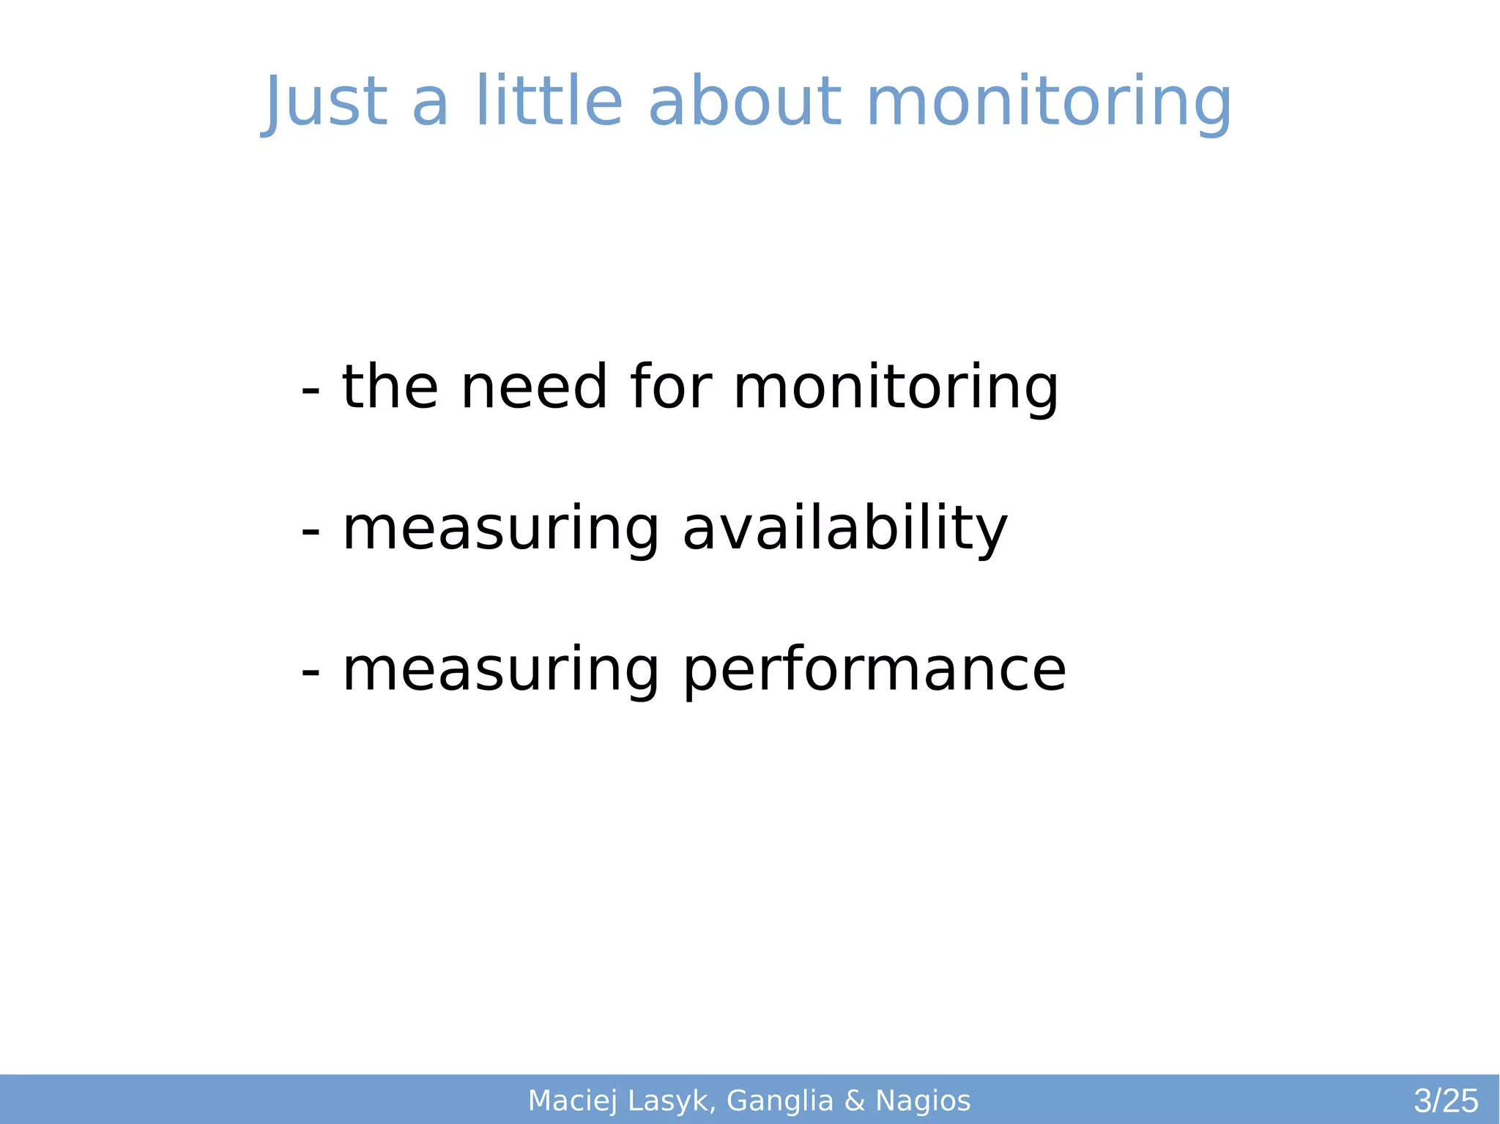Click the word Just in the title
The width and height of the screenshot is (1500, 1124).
325,103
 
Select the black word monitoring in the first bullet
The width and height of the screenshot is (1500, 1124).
896,388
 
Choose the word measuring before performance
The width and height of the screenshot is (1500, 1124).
501,671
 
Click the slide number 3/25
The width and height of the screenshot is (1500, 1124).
1446,1101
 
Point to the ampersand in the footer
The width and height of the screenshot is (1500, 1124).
855,1101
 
